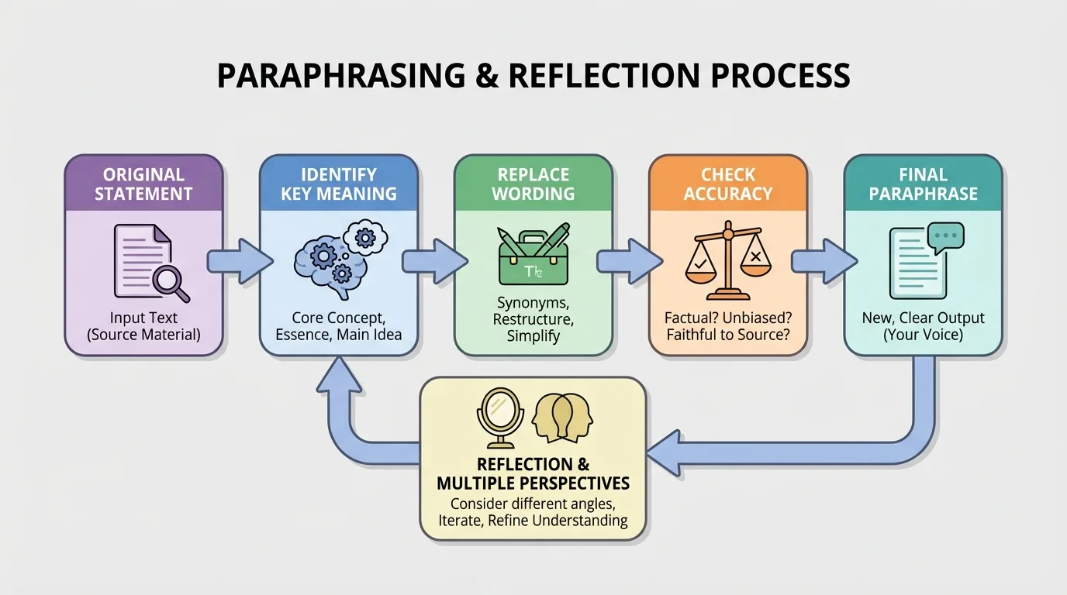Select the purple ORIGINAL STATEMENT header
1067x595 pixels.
coord(143,184)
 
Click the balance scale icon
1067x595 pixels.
coord(727,260)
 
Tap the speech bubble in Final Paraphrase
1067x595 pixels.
coord(946,237)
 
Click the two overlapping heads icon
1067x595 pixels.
coord(561,416)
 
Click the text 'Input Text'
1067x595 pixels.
coord(143,318)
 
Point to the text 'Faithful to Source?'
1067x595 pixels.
coord(727,335)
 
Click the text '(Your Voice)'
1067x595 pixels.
coord(923,335)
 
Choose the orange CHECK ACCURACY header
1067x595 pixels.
coord(727,184)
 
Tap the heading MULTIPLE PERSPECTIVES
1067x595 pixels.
coord(533,483)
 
